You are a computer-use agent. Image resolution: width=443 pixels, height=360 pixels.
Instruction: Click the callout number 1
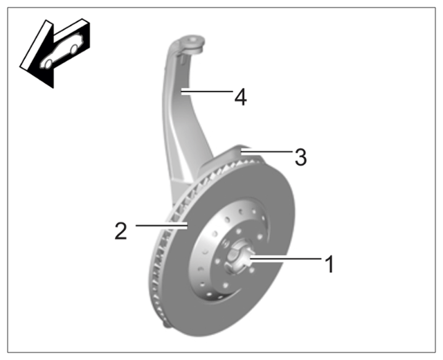point(329,264)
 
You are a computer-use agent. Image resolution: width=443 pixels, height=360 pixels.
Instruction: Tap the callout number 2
point(121,231)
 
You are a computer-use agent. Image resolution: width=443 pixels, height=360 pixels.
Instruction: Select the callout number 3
point(300,157)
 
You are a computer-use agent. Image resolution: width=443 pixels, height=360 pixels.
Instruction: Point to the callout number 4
point(240,97)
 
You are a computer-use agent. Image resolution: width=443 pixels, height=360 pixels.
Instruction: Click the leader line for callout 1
point(286,258)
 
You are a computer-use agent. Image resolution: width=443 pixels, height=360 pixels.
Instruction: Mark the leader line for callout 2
point(161,225)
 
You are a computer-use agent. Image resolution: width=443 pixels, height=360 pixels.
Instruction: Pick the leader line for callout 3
point(266,152)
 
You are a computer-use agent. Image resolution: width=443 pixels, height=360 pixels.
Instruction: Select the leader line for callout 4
point(206,91)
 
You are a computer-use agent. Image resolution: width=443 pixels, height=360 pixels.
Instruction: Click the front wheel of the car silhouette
point(48,64)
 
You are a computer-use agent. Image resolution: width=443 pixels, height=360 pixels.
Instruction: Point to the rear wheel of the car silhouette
point(74,49)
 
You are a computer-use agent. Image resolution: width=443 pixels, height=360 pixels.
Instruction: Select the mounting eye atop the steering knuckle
point(192,43)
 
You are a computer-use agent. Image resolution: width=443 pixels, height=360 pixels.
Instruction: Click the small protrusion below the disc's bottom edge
point(167,325)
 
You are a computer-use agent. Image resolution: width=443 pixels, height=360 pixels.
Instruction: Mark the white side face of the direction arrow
point(36,44)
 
